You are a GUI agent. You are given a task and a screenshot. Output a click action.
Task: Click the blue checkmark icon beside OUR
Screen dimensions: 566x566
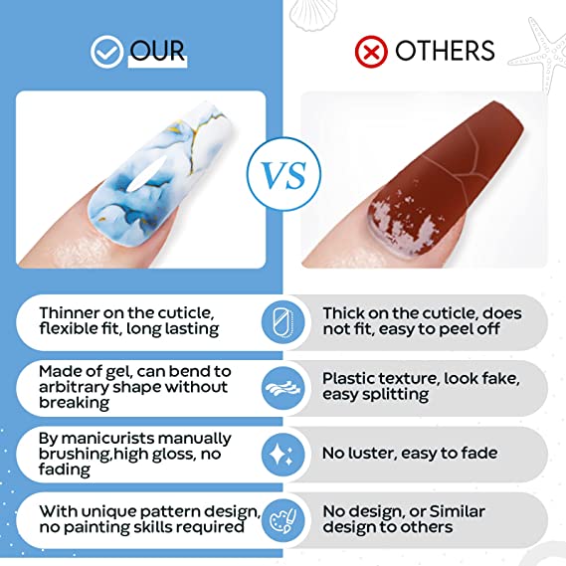pyautogui.click(x=106, y=52)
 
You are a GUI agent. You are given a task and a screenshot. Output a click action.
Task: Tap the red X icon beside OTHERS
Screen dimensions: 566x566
pyautogui.click(x=371, y=52)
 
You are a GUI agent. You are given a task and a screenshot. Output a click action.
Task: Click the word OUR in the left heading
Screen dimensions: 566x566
pyautogui.click(x=157, y=51)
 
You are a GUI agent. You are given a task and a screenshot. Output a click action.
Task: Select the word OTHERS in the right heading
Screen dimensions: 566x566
pyautogui.click(x=445, y=51)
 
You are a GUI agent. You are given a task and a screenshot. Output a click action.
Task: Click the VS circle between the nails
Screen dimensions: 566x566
pyautogui.click(x=283, y=174)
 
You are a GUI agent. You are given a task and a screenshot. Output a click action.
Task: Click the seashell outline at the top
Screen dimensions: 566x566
pyautogui.click(x=309, y=14)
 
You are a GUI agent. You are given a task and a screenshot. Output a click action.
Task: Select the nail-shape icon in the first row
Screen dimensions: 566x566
pyautogui.click(x=283, y=322)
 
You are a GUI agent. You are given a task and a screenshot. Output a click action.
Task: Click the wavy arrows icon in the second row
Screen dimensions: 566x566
pyautogui.click(x=283, y=389)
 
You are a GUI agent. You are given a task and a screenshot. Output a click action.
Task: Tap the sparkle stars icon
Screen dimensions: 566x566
pyautogui.click(x=283, y=455)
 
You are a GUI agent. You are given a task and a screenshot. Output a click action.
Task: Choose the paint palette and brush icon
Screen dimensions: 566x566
pyautogui.click(x=283, y=520)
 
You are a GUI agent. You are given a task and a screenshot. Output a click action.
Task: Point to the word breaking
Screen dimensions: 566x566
pyautogui.click(x=74, y=403)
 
